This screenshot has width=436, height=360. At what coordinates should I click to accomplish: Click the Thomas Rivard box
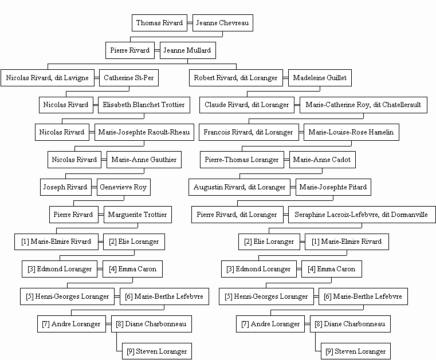pyautogui.click(x=160, y=23)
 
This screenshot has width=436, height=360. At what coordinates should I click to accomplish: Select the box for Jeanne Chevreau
pyautogui.click(x=223, y=23)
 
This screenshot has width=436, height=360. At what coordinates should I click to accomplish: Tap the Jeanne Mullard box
pyautogui.click(x=188, y=50)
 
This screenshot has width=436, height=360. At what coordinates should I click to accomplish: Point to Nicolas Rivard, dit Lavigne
pyautogui.click(x=48, y=78)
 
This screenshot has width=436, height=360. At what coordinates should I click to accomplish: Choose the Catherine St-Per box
pyautogui.click(x=129, y=78)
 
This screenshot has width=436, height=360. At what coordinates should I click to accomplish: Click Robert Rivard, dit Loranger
pyautogui.click(x=236, y=78)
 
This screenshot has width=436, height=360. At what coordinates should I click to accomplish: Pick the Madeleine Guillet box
pyautogui.click(x=320, y=78)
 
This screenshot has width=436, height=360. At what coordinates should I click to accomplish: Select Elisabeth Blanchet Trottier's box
pyautogui.click(x=144, y=105)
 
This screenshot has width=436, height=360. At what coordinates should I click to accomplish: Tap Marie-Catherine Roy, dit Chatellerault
pyautogui.click(x=363, y=105)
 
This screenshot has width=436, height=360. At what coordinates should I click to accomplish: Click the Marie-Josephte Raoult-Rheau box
pyautogui.click(x=144, y=132)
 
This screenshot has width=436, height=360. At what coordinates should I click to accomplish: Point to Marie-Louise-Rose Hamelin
pyautogui.click(x=351, y=132)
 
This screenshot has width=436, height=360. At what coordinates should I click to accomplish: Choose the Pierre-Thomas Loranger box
pyautogui.click(x=242, y=160)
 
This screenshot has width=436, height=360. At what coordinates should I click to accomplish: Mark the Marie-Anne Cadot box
pyautogui.click(x=322, y=160)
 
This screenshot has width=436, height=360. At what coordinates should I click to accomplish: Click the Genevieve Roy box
pyautogui.click(x=124, y=187)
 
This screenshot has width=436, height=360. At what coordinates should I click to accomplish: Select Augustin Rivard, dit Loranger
pyautogui.click(x=239, y=187)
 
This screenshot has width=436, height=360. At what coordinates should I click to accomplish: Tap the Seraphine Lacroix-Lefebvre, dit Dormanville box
pyautogui.click(x=362, y=215)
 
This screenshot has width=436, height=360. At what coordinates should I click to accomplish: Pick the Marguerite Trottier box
pyautogui.click(x=138, y=215)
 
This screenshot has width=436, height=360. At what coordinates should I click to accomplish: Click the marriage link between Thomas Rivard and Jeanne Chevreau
pyautogui.click(x=190, y=23)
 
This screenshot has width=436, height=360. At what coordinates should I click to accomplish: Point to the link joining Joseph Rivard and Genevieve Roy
pyautogui.click(x=94, y=187)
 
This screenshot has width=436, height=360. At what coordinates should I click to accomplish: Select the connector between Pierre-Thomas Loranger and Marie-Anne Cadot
pyautogui.click(x=286, y=160)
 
